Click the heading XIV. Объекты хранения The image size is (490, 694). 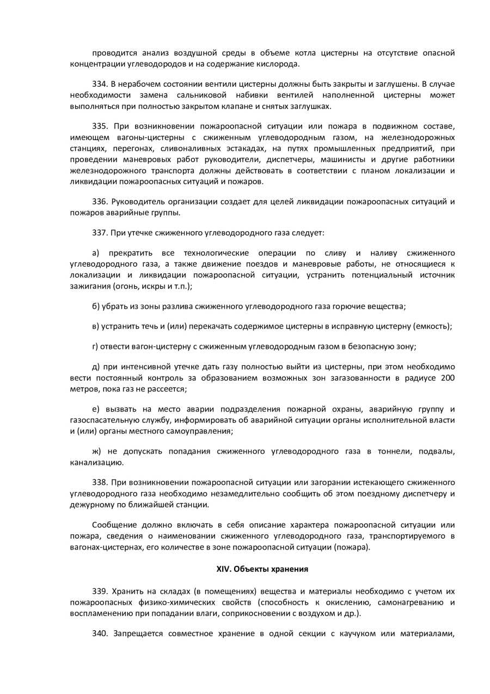tap(262, 569)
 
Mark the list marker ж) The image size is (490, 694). tap(97, 451)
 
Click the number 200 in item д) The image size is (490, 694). tap(448, 378)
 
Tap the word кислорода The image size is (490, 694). tap(280, 64)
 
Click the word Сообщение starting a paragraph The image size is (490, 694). tap(112, 525)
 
